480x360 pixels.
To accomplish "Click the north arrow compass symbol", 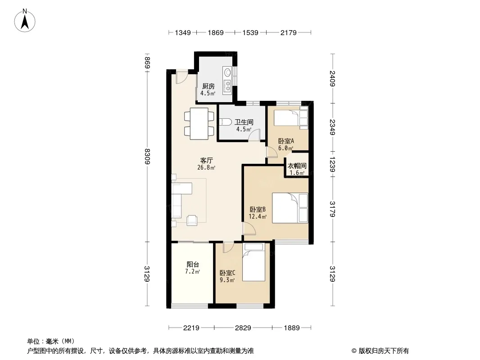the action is click(x=25, y=20).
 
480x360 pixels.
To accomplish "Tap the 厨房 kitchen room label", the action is click(x=208, y=86).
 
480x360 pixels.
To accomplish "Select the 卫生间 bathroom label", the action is click(x=244, y=122).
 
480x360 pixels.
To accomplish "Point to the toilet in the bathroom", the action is click(x=225, y=122).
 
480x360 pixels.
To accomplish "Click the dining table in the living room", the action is click(x=199, y=124).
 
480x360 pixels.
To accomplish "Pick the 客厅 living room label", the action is click(x=207, y=160).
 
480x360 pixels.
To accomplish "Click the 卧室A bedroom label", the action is click(x=286, y=141).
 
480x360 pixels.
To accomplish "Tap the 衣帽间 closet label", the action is click(x=297, y=166).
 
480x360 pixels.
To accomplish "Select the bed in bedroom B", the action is click(x=290, y=208).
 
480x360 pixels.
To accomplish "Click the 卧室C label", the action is click(x=227, y=273).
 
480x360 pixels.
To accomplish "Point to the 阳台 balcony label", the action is click(x=193, y=264).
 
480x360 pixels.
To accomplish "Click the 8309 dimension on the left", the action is click(x=148, y=156).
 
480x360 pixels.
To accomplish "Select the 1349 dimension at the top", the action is click(x=183, y=33).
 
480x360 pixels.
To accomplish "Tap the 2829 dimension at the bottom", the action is click(x=243, y=328).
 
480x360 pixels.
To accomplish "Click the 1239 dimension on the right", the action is click(x=332, y=166).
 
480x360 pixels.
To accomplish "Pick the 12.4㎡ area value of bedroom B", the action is click(x=258, y=217).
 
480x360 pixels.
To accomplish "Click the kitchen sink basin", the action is click(x=227, y=73).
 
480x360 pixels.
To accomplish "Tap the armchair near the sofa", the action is click(x=192, y=220).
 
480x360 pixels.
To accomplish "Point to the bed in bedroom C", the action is click(x=254, y=262).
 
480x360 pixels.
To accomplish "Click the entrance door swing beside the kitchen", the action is click(x=181, y=77).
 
